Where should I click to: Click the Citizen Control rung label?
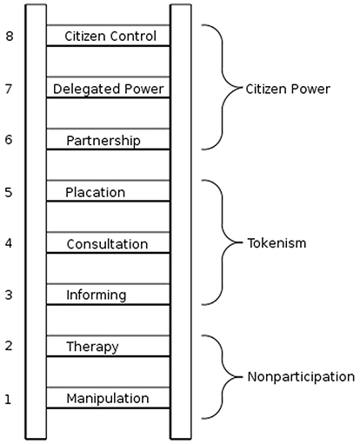(110, 36)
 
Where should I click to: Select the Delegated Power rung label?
(109, 89)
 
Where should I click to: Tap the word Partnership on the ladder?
(103, 141)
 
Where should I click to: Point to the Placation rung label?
(96, 192)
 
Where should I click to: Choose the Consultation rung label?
(107, 244)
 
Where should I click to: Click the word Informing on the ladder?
(97, 295)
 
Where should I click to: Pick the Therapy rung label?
(92, 347)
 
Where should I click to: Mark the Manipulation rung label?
(108, 399)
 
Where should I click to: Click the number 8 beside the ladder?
(10, 36)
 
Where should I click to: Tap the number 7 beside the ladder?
(9, 89)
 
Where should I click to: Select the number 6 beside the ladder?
(9, 140)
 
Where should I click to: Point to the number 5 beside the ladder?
(9, 192)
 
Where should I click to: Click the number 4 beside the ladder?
(9, 243)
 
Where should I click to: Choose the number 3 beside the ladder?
(9, 295)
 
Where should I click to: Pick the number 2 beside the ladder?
(9, 346)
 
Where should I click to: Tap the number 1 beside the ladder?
(8, 400)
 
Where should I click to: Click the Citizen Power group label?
(288, 89)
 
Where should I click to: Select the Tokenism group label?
(277, 243)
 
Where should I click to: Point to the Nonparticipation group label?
(301, 377)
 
